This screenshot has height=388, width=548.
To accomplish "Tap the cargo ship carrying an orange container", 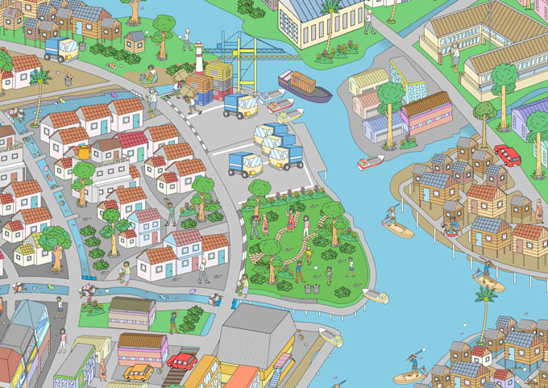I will tap(305, 86).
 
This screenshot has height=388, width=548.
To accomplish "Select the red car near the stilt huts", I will tap(507, 154).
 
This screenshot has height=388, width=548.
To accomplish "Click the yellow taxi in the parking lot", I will tap(138, 372).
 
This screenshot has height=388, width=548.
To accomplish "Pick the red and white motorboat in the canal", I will tap(370, 162).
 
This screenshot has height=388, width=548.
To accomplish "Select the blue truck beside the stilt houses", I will tap(61, 49).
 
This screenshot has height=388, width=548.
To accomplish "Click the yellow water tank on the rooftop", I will tap(80, 154).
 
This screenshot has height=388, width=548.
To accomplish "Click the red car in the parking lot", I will tap(183, 361).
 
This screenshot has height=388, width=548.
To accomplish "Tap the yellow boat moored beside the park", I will tap(375, 295).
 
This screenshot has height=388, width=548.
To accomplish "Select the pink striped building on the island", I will tap(426, 114).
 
